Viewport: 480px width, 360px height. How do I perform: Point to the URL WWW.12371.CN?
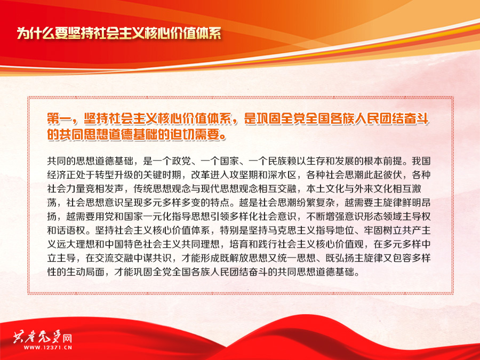tap(48, 347)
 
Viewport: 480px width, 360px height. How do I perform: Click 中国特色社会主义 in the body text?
tap(143, 244)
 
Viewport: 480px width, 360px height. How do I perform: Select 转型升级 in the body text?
tap(114, 175)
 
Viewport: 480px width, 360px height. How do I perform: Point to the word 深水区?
tap(282, 175)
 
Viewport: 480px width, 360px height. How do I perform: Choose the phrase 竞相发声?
tap(105, 189)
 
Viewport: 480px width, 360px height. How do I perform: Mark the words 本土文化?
tap(325, 189)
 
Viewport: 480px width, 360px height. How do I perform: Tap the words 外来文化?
tap(373, 189)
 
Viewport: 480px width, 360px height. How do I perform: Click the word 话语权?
tap(71, 230)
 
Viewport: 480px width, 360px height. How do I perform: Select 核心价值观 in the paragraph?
tap(340, 244)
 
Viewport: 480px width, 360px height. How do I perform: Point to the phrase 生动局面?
tap(85, 271)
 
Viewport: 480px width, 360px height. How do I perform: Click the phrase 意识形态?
tap(363, 217)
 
